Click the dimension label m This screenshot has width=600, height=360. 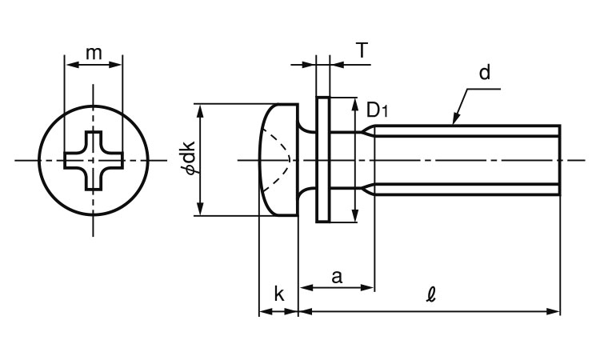94,53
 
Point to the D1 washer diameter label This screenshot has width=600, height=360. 376,110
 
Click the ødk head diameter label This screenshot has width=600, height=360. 187,158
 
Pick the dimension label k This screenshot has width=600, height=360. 278,294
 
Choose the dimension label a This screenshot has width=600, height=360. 337,277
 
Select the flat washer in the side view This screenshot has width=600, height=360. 322,160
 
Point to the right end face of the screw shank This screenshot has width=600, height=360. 559,160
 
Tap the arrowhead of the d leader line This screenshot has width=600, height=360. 454,122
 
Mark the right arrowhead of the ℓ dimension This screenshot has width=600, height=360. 554,310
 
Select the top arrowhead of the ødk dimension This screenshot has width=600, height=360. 200,109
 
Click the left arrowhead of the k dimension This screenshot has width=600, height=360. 263,310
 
